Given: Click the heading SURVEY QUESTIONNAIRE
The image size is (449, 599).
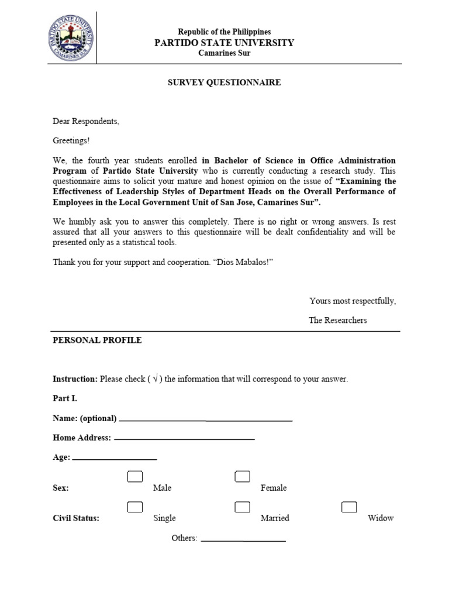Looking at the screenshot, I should pos(224,82).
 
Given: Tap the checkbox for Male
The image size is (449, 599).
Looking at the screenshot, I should pos(135,477).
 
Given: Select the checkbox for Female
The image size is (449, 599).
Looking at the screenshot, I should pos(242,477).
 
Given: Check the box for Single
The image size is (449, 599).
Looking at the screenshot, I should pos(135,507).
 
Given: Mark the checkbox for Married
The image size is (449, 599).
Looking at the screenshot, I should pos(242,507).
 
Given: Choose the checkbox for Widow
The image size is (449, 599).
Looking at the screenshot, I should pos(349,507).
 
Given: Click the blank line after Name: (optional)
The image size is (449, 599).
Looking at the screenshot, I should pos(205,419).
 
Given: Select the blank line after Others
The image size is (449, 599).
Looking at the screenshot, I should pos(243,540).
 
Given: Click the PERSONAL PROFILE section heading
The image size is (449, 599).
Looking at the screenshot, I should pos(97,340).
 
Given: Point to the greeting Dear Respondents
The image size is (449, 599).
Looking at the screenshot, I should pos(86,121).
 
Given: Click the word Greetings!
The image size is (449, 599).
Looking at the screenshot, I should pos(72,140).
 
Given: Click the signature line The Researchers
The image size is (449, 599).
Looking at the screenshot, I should pos(338,320).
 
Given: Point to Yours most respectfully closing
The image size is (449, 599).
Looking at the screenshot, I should pos(353,301).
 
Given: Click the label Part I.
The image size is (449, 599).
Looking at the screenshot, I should pos(65,398).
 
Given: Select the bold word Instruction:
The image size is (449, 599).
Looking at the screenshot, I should pos(75,379).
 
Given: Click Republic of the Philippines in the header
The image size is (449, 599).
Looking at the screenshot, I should pos(224,32).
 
